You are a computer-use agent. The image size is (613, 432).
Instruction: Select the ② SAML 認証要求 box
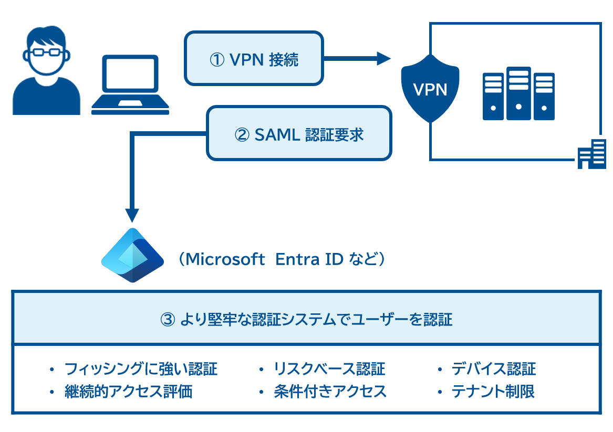click(x=299, y=133)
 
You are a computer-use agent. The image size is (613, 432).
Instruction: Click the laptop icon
click(x=130, y=84)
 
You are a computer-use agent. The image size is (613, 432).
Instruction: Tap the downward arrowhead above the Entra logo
click(x=132, y=215)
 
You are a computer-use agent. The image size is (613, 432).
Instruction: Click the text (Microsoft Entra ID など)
click(x=282, y=259)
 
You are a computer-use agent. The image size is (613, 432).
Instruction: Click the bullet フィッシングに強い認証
click(x=141, y=369)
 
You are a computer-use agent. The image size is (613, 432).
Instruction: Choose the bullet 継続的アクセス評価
click(x=128, y=392)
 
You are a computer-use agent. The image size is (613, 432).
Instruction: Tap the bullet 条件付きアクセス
click(x=330, y=392)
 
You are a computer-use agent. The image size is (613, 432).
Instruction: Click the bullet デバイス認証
click(x=494, y=369)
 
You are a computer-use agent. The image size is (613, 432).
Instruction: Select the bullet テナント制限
click(x=493, y=392)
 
